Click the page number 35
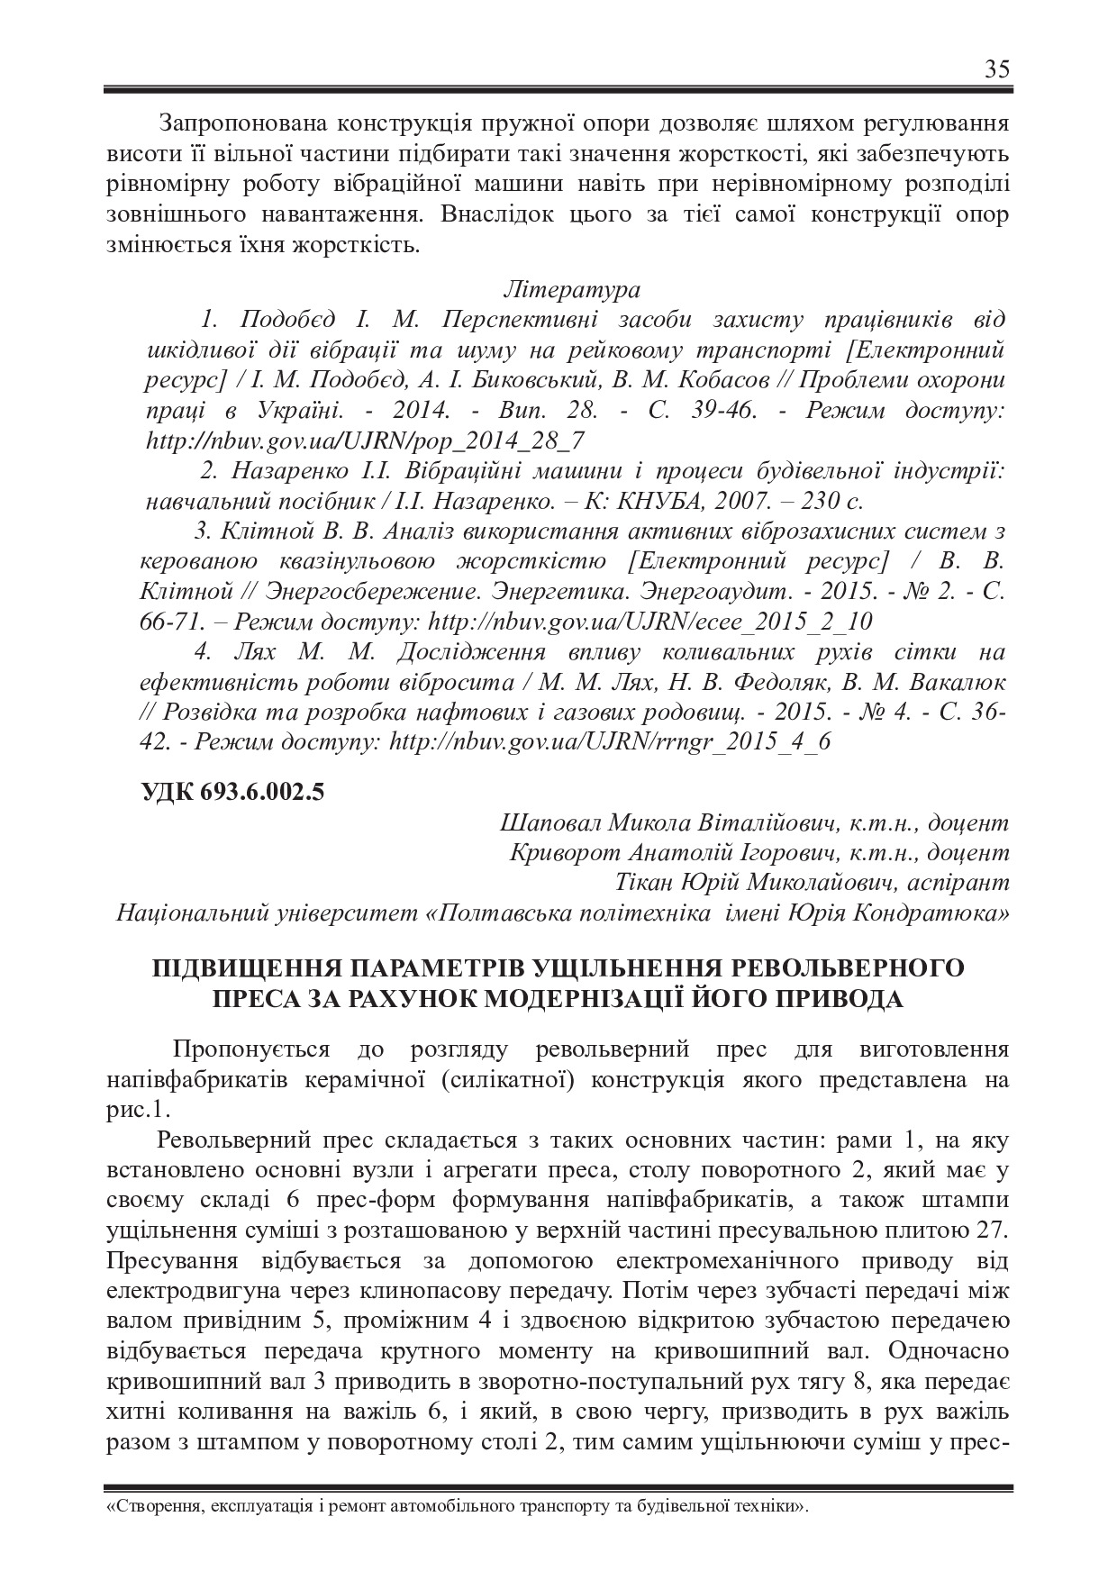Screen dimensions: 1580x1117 997,69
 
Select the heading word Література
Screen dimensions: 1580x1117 573,290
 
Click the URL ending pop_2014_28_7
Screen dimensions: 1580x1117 365,440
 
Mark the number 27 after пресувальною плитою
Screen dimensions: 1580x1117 993,1229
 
